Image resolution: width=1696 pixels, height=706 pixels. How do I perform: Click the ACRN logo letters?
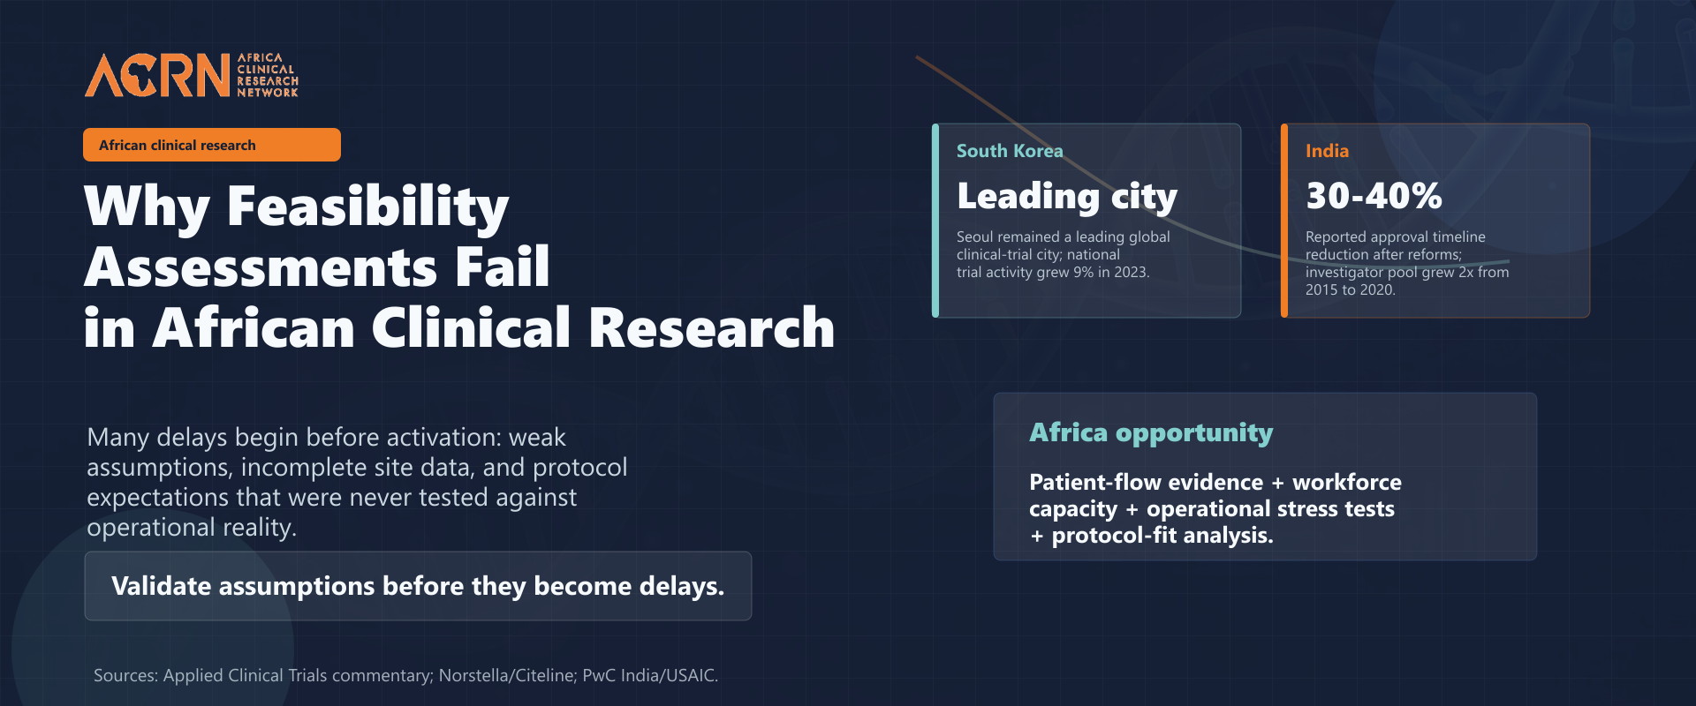pyautogui.click(x=157, y=75)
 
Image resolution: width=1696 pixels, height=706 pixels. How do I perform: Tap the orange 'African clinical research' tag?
pyautogui.click(x=212, y=145)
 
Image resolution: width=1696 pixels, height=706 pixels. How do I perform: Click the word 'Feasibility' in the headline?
pyautogui.click(x=367, y=207)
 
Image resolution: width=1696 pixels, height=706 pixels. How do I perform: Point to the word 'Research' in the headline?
pyautogui.click(x=711, y=327)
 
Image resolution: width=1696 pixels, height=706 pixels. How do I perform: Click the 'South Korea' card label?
pyautogui.click(x=1010, y=151)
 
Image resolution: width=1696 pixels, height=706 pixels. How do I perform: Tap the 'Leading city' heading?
pyautogui.click(x=1067, y=197)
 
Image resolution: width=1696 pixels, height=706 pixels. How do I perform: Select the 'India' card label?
pyautogui.click(x=1327, y=151)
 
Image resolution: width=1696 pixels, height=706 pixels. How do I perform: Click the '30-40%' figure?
pyautogui.click(x=1374, y=196)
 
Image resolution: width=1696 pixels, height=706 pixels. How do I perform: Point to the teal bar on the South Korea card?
pyautogui.click(x=935, y=221)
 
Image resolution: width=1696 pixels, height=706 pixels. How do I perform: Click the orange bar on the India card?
pyautogui.click(x=1284, y=221)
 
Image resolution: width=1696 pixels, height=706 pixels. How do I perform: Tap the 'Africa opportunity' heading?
pyautogui.click(x=1151, y=432)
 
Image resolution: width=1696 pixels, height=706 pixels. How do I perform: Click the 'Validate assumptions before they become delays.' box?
pyautogui.click(x=418, y=586)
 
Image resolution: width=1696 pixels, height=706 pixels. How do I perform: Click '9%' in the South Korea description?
pyautogui.click(x=1084, y=272)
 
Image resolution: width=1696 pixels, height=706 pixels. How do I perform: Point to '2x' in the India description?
pyautogui.click(x=1466, y=272)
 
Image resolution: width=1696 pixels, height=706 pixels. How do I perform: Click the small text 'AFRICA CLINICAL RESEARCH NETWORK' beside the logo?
pyautogui.click(x=268, y=75)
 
